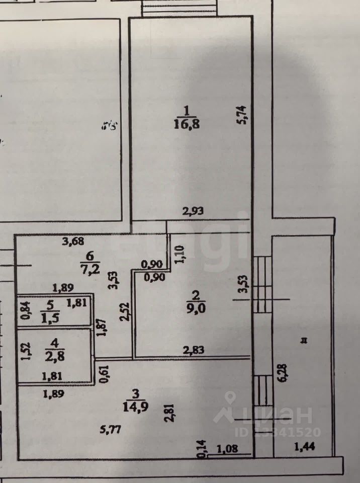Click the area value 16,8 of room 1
point(186,124)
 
